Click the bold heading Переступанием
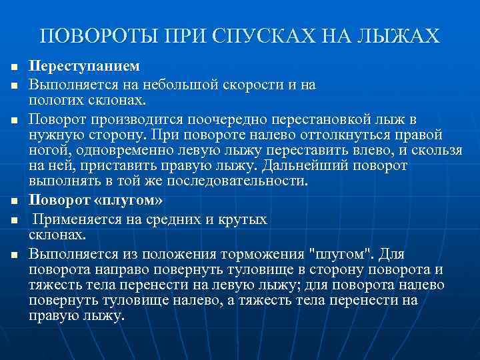pos(85,68)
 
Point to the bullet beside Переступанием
pos(13,69)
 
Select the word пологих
pos(52,100)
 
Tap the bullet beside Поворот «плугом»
pos(13,201)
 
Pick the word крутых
pos(243,219)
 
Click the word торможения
pos(265,254)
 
